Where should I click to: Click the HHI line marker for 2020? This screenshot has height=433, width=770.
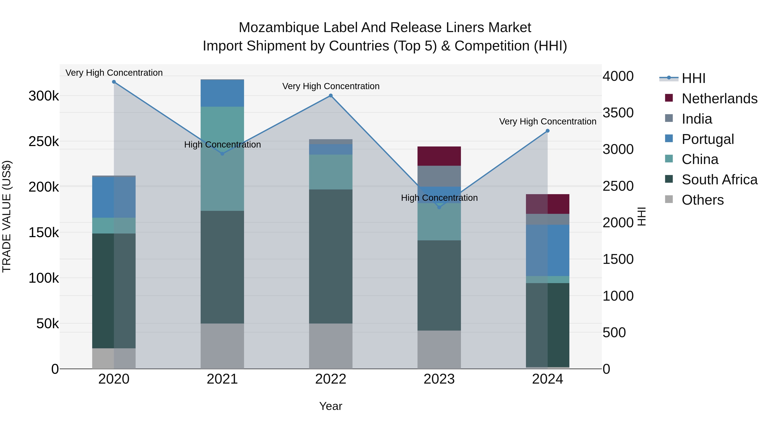click(x=114, y=82)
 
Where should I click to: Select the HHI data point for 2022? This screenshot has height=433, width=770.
click(x=331, y=96)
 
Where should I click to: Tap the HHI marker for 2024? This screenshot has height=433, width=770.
click(x=547, y=131)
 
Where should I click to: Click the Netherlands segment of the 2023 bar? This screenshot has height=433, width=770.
click(x=439, y=156)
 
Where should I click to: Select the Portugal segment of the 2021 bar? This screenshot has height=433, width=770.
click(x=222, y=93)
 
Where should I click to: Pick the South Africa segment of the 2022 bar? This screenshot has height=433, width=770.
click(x=331, y=256)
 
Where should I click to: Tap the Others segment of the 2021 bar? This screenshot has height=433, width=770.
click(x=222, y=346)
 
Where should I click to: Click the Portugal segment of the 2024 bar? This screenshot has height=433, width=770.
click(x=547, y=250)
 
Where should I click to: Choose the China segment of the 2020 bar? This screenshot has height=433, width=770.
click(x=114, y=225)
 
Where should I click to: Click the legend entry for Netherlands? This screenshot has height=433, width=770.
click(x=719, y=99)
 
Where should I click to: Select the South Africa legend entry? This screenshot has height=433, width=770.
click(x=719, y=180)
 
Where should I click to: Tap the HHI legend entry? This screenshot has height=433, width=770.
click(x=693, y=78)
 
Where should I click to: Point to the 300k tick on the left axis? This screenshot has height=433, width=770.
click(x=44, y=96)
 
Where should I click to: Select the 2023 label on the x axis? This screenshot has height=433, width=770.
click(x=439, y=379)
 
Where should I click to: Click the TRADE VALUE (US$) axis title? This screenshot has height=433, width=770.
click(x=7, y=216)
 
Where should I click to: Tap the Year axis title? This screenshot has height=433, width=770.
click(x=331, y=406)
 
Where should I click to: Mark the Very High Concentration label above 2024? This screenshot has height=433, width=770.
click(x=548, y=122)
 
